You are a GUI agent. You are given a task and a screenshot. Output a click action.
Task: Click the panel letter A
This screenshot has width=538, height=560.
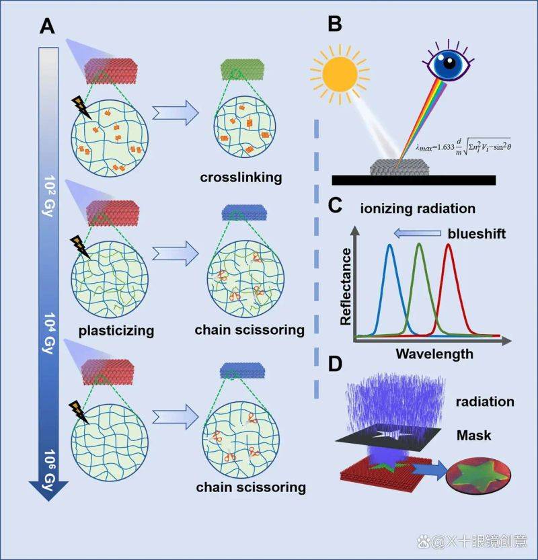(x=47, y=26)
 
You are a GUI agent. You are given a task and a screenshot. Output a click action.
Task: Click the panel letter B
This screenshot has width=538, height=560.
(x=335, y=24)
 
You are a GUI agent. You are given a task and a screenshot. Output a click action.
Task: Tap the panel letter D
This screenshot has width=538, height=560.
(x=335, y=364)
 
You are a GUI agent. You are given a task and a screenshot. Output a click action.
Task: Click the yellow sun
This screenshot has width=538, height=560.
(x=340, y=74)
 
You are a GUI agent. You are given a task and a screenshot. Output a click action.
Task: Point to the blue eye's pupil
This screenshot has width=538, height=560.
(x=449, y=63)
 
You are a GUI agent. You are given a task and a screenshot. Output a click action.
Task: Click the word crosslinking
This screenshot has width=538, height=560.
(x=241, y=177)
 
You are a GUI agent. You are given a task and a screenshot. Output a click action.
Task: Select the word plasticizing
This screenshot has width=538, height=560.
(x=116, y=331)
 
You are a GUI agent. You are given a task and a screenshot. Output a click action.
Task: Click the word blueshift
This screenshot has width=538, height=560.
(x=477, y=233)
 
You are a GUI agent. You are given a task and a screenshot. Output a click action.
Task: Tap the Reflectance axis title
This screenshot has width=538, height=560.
(x=346, y=287)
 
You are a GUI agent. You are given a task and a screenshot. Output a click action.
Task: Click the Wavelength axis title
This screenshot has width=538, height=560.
(x=434, y=354)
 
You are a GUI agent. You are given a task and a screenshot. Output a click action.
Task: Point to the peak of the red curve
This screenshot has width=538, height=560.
(x=449, y=244)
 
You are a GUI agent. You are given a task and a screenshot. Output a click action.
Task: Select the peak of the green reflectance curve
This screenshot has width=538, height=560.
(x=419, y=244)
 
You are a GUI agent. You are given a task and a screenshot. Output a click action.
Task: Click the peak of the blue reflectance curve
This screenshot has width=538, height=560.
(x=390, y=245)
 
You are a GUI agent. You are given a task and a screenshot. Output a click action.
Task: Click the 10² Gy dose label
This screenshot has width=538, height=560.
(x=50, y=196)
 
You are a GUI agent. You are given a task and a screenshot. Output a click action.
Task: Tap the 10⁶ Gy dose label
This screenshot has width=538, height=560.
(x=50, y=470)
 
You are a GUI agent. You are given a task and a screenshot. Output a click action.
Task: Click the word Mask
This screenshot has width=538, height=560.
(x=473, y=436)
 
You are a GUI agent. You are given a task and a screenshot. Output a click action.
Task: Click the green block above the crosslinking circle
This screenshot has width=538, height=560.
(x=243, y=69)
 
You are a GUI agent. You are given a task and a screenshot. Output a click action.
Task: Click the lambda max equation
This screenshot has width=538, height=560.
(x=463, y=147)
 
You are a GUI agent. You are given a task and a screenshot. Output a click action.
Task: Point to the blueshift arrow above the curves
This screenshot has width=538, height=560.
(x=417, y=233)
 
